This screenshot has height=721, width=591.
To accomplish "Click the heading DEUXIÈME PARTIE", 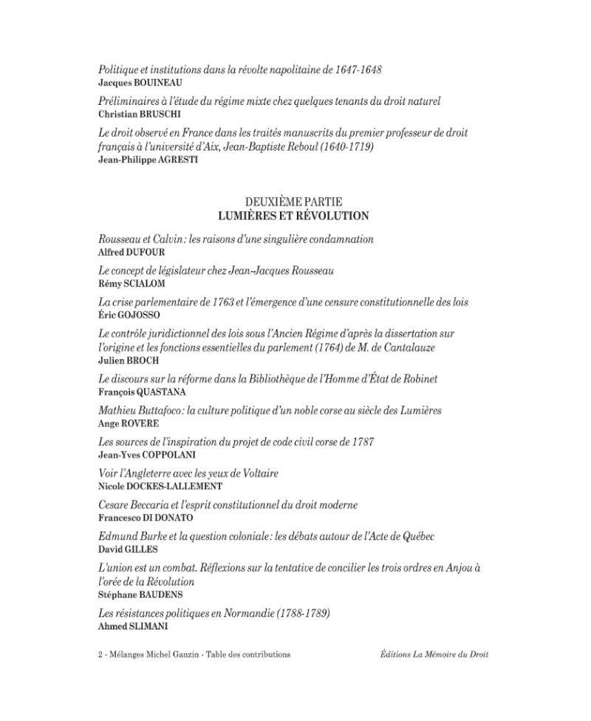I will coord(293,201).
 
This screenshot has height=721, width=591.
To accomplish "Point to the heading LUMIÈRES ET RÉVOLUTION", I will coord(293,216).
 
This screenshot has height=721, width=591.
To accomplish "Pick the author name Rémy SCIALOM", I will coord(131,284).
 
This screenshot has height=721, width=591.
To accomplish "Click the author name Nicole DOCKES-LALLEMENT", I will coord(160,486).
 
